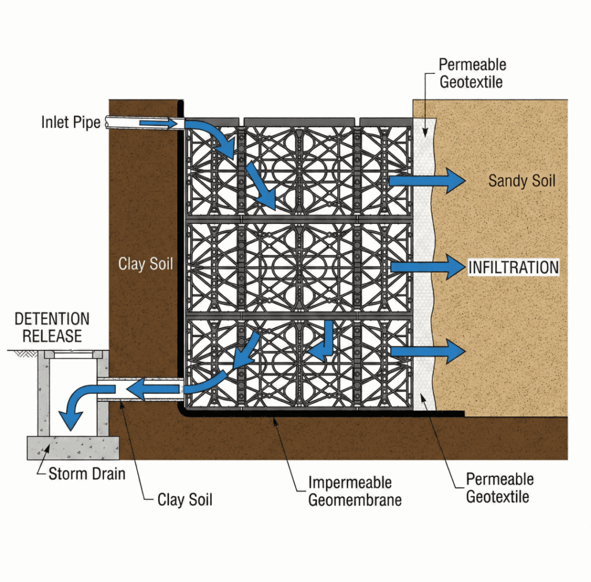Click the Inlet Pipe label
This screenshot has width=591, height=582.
[70, 122]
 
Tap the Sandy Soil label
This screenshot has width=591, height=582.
[522, 181]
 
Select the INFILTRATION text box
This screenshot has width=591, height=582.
[513, 267]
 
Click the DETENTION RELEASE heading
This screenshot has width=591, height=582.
[52, 327]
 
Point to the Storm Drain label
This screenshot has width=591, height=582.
[87, 475]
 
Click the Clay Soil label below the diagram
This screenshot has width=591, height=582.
[185, 499]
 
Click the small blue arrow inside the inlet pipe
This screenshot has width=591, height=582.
[158, 124]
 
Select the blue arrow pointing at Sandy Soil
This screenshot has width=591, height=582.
[427, 181]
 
